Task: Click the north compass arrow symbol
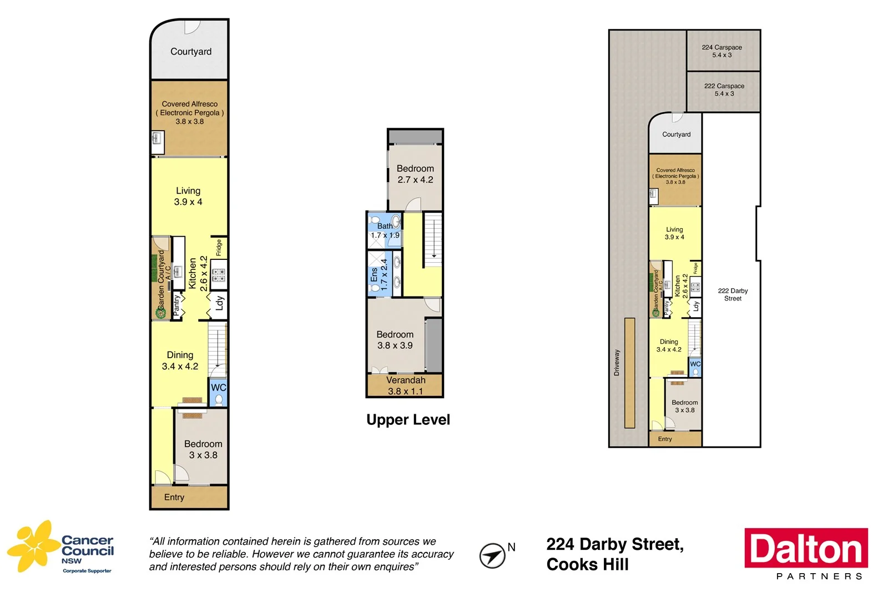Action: (x=492, y=555)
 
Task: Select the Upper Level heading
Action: (x=408, y=420)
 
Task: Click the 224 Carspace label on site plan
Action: (x=722, y=51)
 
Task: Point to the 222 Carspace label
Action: (x=724, y=89)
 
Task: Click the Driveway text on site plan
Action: (x=617, y=363)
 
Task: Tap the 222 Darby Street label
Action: (x=733, y=294)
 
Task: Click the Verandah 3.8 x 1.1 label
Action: (x=406, y=385)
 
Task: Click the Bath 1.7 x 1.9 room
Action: (x=385, y=230)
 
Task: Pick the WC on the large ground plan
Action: (x=219, y=392)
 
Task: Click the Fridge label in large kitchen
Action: (x=219, y=248)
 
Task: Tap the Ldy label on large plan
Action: (x=220, y=303)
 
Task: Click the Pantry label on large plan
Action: (x=177, y=305)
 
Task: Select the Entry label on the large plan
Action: (x=174, y=497)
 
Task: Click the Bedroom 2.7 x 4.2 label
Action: (x=415, y=174)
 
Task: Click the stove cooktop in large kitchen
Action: (x=219, y=275)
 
